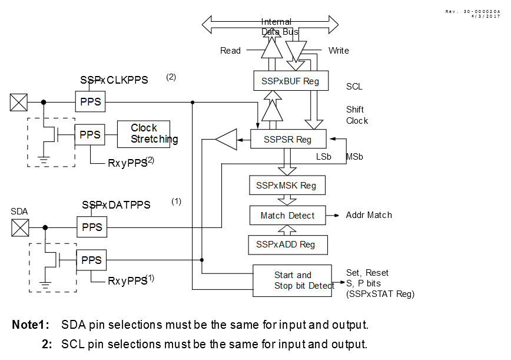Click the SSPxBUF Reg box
coord(287,81)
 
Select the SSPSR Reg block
coord(288,140)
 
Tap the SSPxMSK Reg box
coord(286,186)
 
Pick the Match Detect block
coord(287,216)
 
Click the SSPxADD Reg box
coord(286,245)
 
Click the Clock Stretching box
coord(144,134)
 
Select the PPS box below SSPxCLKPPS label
coord(91,102)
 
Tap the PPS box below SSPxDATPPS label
coord(91,226)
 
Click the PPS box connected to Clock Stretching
coord(91,134)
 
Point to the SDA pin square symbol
coord(20,227)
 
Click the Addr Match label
coord(369,215)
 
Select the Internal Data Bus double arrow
coord(270,24)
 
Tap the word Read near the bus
coord(230,51)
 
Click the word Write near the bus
coord(339,51)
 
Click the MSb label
coord(354,157)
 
